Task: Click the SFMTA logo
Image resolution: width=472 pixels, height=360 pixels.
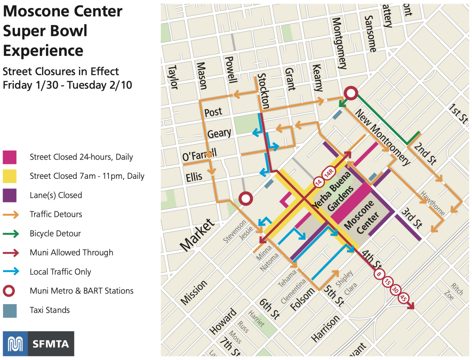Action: [38, 343]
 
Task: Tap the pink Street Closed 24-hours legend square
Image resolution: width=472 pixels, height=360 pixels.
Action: [9, 157]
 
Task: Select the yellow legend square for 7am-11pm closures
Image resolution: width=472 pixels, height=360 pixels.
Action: [9, 176]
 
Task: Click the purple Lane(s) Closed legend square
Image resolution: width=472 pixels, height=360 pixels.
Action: [9, 195]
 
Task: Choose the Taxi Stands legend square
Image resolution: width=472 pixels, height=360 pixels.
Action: [9, 310]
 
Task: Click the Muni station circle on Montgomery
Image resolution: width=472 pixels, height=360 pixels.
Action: [350, 94]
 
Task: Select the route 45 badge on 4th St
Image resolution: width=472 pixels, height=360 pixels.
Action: [404, 298]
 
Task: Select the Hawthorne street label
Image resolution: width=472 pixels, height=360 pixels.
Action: [433, 204]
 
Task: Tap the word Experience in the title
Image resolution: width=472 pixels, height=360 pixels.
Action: [43, 51]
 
